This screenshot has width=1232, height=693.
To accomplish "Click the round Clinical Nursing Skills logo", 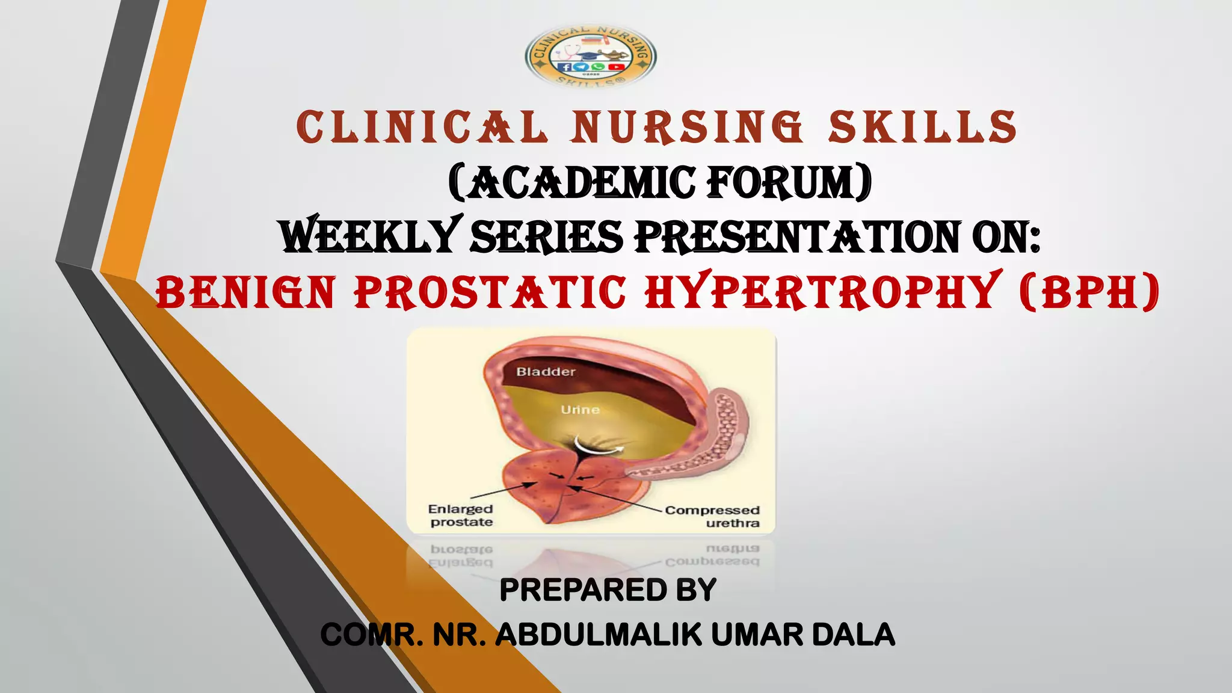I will click(591, 58).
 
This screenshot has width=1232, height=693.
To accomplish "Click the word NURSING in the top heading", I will click(686, 128).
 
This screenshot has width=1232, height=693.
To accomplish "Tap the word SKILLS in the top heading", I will click(922, 128).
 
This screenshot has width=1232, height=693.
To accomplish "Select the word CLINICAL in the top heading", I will click(422, 128).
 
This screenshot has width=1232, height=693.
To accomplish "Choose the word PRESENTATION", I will click(798, 236).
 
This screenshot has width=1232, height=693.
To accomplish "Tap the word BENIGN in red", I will click(245, 292).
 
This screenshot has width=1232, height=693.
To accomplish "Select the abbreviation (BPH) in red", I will click(1089, 292).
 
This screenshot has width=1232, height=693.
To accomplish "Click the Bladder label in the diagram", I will click(546, 372).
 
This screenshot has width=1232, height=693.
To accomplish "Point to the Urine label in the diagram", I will click(580, 410).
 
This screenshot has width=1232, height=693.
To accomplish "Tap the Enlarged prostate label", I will click(461, 516).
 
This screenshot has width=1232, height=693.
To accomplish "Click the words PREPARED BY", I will click(608, 590).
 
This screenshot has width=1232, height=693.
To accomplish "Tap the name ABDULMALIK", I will click(598, 635).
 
